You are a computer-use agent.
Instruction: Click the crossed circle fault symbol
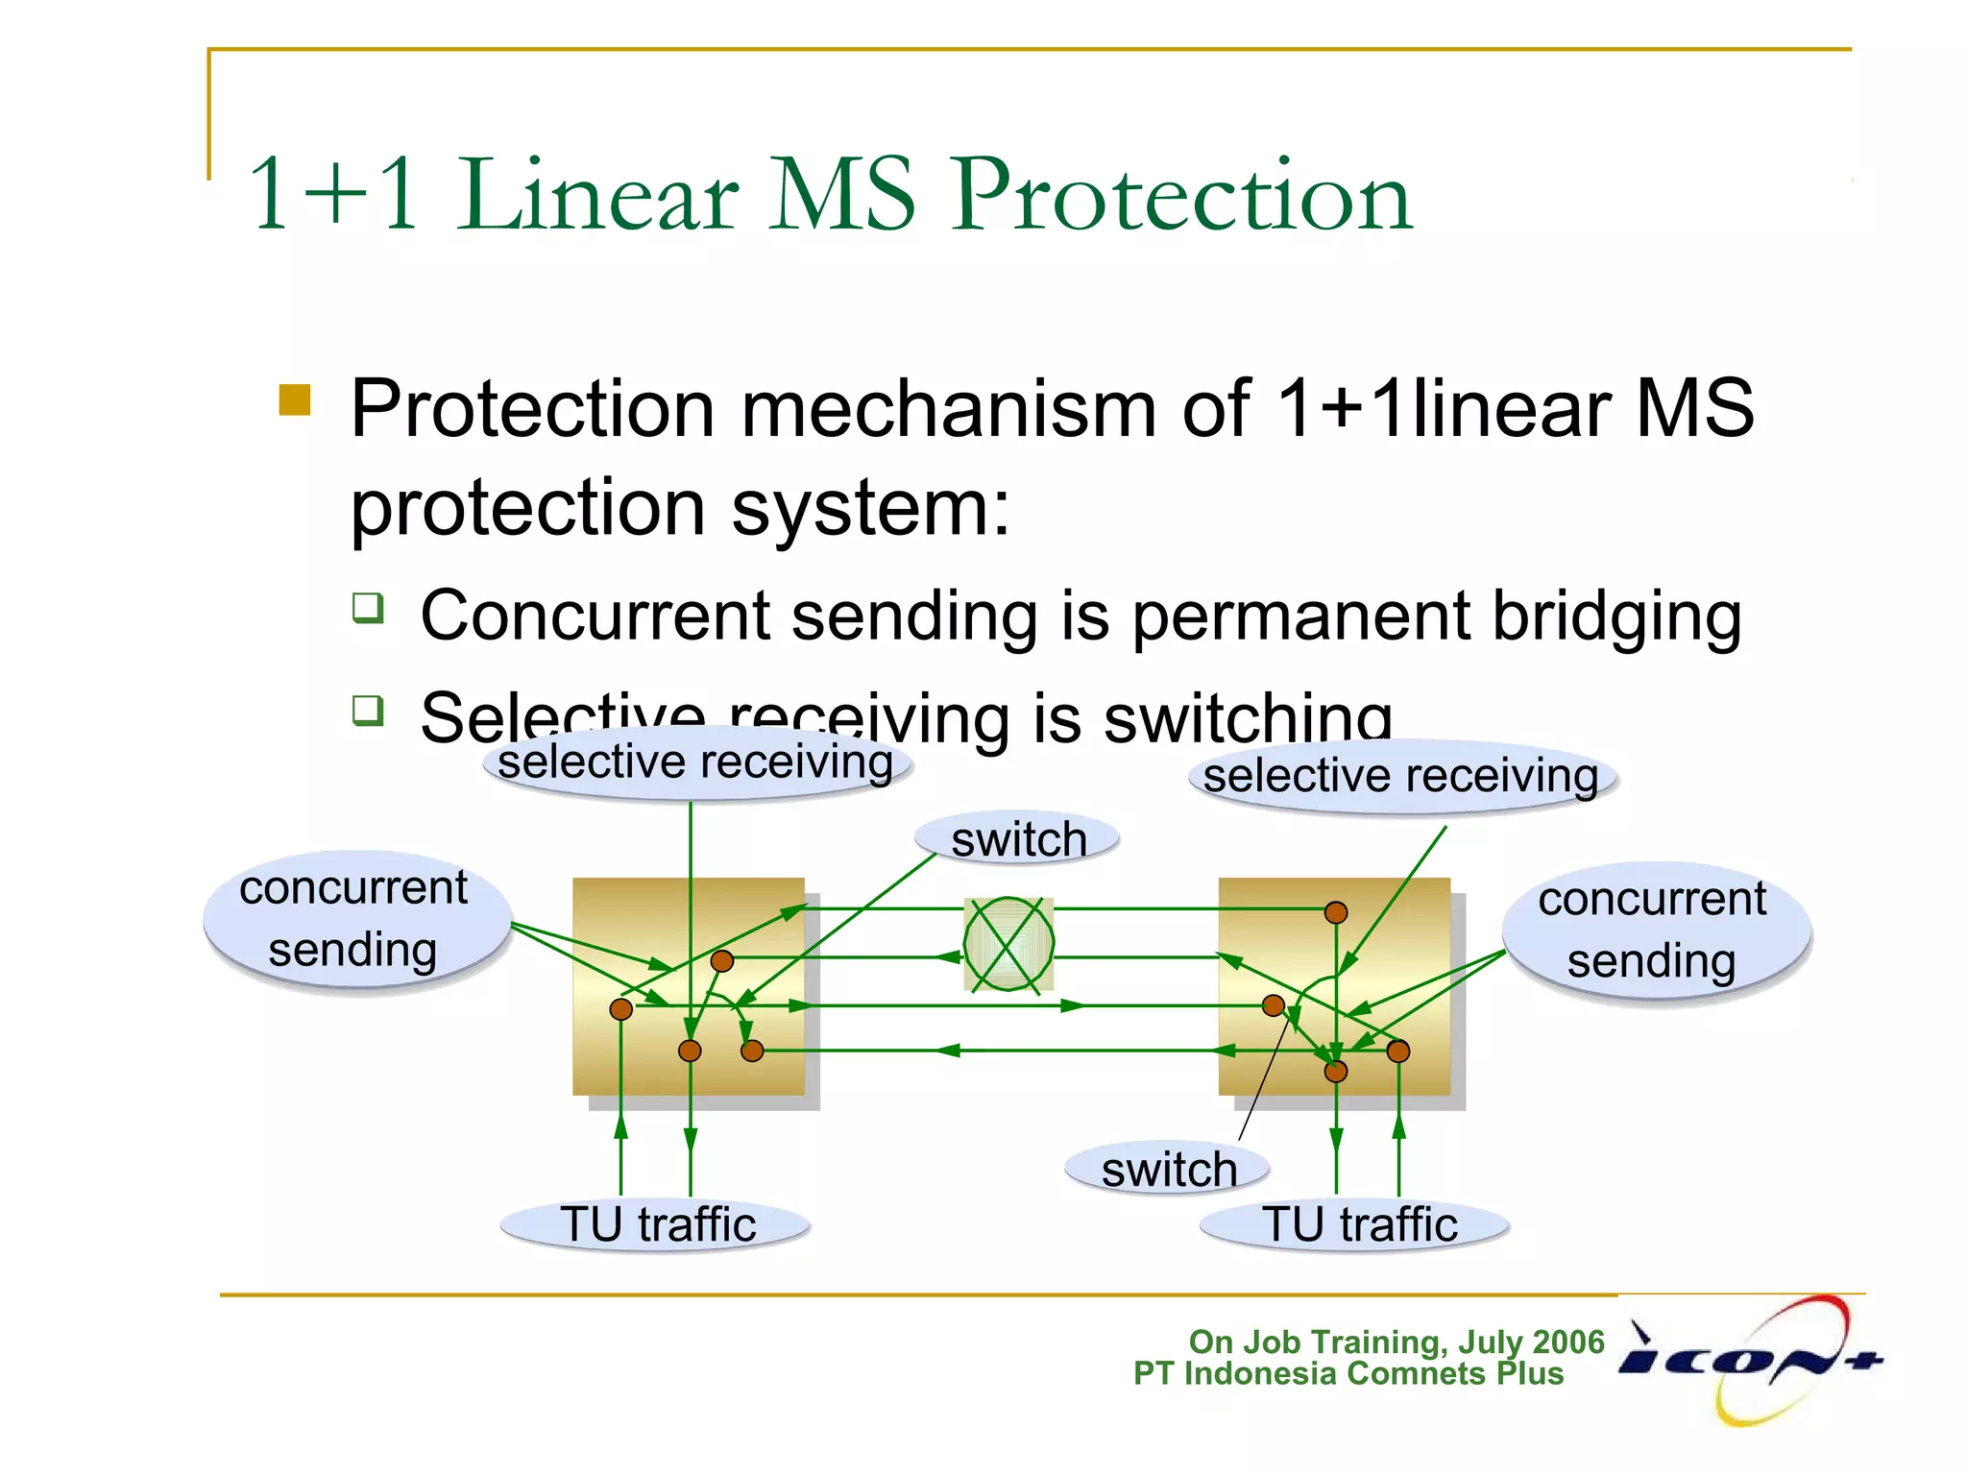click(x=1008, y=944)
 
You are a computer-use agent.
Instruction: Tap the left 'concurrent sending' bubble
click(x=354, y=919)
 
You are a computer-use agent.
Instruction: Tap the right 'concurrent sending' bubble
click(x=1653, y=931)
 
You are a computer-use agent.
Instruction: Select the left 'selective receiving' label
click(x=695, y=763)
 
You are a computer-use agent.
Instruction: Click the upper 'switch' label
click(x=1018, y=839)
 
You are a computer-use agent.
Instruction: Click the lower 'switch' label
click(x=1168, y=1170)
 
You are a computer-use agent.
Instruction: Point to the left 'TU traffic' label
click(x=657, y=1225)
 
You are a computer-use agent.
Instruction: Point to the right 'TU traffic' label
click(x=1358, y=1225)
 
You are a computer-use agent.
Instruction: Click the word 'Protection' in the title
click(x=1181, y=196)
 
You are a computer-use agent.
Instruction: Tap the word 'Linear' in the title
click(x=597, y=196)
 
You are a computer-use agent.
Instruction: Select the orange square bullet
click(x=295, y=400)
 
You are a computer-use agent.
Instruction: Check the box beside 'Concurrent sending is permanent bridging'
click(x=368, y=608)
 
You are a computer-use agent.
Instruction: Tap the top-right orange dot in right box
click(x=1335, y=912)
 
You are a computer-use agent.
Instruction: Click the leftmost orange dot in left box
click(x=621, y=1009)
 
